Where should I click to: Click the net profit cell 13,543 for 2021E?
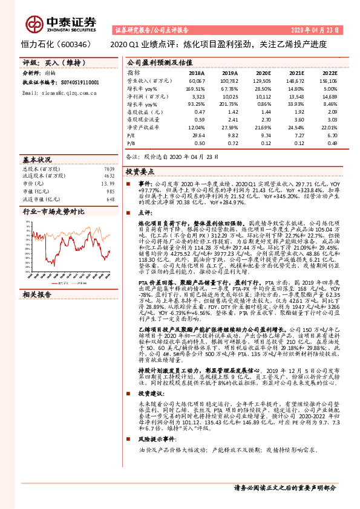pyautogui.click(x=295, y=96)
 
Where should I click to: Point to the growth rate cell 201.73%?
pyautogui.click(x=229, y=104)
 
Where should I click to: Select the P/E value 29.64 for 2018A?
pyautogui.click(x=198, y=136)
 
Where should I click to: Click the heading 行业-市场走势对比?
pyautogui.click(x=53, y=212)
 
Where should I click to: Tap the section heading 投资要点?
pyautogui.click(x=140, y=172)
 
